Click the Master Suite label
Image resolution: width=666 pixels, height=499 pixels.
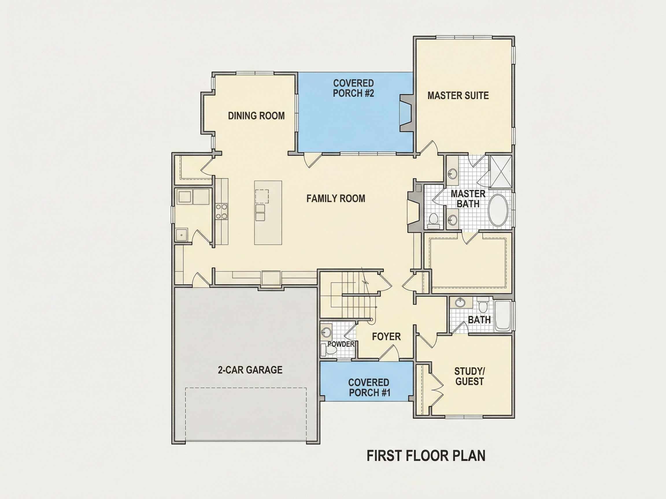tap(458, 96)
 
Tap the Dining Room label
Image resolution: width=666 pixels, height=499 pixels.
tap(256, 116)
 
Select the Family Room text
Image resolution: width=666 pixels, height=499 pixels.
tap(336, 198)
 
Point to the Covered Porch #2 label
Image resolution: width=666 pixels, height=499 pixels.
tap(354, 88)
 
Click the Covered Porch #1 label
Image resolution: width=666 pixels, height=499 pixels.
tap(369, 388)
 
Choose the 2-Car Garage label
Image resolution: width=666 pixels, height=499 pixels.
tap(250, 370)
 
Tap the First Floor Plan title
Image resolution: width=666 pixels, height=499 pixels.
tap(426, 456)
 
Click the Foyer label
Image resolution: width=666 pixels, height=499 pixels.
tap(386, 337)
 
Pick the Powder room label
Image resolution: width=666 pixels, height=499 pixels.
tap(341, 344)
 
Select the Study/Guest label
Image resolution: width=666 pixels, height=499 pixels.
tap(469, 376)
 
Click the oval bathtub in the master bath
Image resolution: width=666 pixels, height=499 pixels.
tap(498, 210)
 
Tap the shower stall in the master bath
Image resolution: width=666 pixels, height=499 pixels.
tap(501, 172)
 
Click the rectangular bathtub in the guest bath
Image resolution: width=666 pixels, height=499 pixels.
tap(502, 315)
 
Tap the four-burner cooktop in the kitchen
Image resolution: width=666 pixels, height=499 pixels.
tap(222, 211)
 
